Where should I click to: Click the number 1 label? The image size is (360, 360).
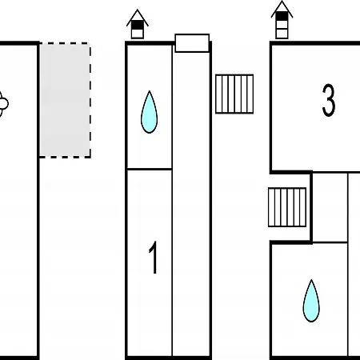(154, 258)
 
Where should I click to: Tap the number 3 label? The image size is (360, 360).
(328, 100)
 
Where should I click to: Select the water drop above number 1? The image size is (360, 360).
(149, 112)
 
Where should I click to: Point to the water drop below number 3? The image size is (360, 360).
(311, 301)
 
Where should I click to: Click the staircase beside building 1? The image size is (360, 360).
(234, 94)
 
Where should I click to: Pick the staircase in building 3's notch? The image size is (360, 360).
(287, 207)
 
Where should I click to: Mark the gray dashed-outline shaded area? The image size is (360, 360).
(65, 100)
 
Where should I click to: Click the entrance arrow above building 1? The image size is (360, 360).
(138, 24)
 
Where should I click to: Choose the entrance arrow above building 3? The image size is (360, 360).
(282, 20)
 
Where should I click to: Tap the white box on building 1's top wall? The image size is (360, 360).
(192, 43)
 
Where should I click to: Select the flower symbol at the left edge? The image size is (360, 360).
(3, 104)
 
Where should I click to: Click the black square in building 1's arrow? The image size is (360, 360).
(138, 25)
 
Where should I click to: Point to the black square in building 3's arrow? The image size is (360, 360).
(282, 16)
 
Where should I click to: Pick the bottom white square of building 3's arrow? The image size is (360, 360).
(282, 34)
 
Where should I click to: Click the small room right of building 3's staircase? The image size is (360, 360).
(330, 207)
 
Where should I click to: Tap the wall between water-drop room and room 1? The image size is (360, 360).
(150, 169)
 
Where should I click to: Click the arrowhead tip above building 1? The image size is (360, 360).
(138, 10)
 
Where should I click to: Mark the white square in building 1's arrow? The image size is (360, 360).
(138, 34)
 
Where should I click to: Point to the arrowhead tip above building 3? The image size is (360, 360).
(282, 1)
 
